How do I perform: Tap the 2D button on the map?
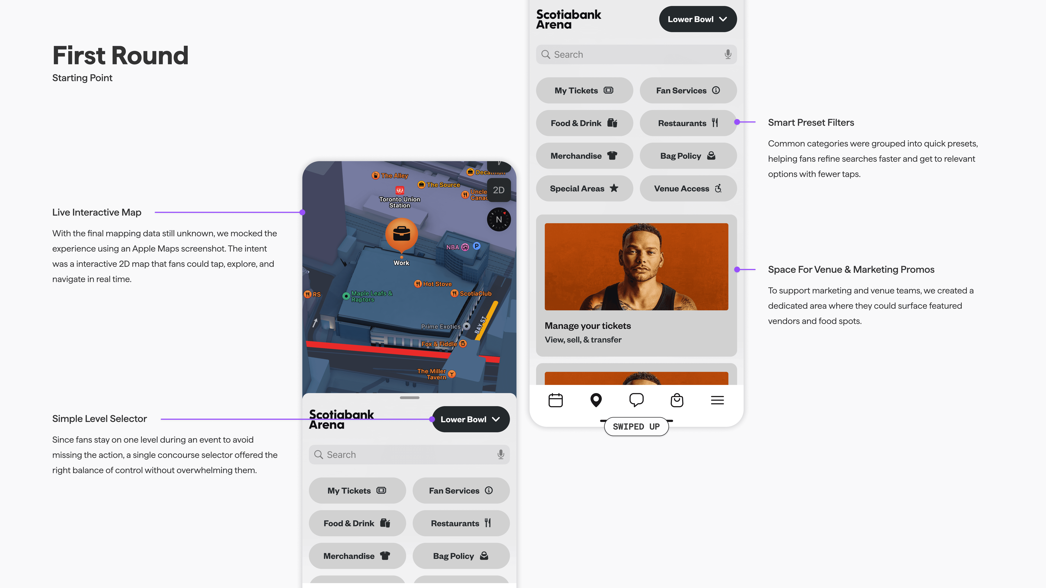point(499,190)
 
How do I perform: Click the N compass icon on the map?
point(499,220)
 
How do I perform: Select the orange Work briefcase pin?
point(401,234)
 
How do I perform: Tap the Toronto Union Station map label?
point(400,202)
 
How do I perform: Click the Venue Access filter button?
point(688,188)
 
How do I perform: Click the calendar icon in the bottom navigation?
point(556,400)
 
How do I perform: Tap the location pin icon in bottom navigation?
point(596,400)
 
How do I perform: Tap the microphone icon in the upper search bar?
point(728,54)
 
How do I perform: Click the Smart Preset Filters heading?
point(811,123)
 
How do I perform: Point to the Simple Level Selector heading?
point(100,419)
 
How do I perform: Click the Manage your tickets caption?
point(588,326)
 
